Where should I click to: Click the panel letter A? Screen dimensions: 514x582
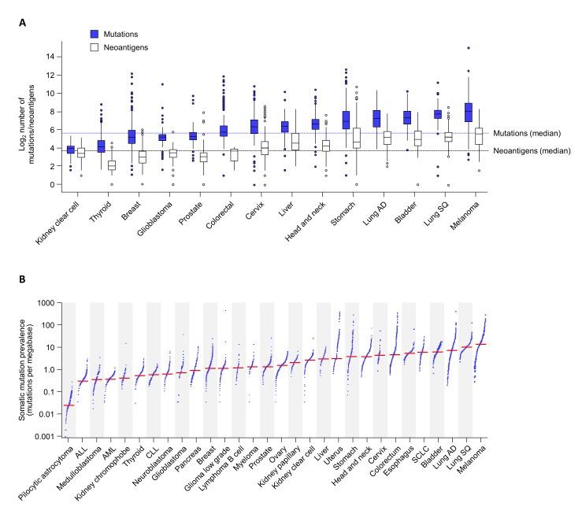(24, 24)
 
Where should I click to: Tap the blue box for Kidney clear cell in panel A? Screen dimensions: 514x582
(70, 150)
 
